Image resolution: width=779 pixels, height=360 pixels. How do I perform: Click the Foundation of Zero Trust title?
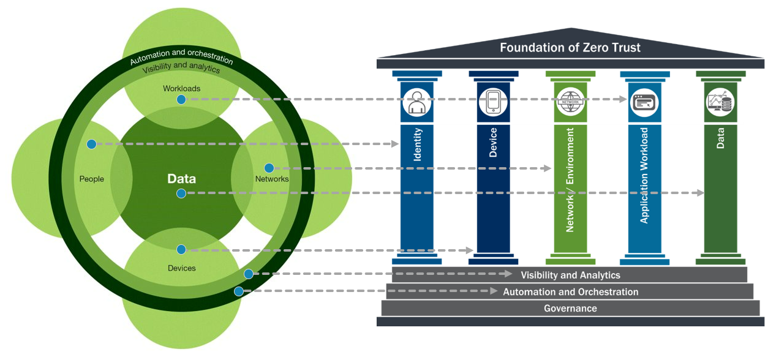[x=570, y=47]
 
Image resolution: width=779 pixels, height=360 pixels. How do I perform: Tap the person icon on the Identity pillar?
[x=417, y=102]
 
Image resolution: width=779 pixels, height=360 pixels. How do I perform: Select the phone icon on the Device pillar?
[x=493, y=102]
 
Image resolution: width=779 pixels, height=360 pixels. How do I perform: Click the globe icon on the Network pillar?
[x=570, y=102]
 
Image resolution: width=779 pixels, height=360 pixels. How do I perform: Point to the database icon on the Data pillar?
[x=720, y=103]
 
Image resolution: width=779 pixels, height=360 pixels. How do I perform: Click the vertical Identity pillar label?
[x=417, y=145]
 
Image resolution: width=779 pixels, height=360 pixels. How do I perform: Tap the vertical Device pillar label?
[x=493, y=143]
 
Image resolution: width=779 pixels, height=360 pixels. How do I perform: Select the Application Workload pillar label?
[x=644, y=175]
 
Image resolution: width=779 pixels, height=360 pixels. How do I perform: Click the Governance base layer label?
[x=570, y=308]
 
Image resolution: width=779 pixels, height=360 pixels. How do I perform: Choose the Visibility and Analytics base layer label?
[x=570, y=276]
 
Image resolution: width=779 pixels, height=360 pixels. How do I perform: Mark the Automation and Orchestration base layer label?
[x=570, y=292]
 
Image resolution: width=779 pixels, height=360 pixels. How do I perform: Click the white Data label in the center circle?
[x=181, y=179]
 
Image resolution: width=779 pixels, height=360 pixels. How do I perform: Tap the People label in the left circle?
[x=92, y=179]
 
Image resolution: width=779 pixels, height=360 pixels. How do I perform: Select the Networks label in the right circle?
[x=271, y=179]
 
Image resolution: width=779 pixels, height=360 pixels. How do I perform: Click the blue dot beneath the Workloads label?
[x=181, y=99]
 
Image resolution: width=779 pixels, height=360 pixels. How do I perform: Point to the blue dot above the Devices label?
[x=181, y=250]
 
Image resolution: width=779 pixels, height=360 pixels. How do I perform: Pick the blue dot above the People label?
[x=91, y=144]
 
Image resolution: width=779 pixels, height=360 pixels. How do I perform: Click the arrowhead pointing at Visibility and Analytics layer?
[x=508, y=274]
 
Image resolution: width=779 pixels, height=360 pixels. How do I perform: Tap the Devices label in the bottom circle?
[x=181, y=268]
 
